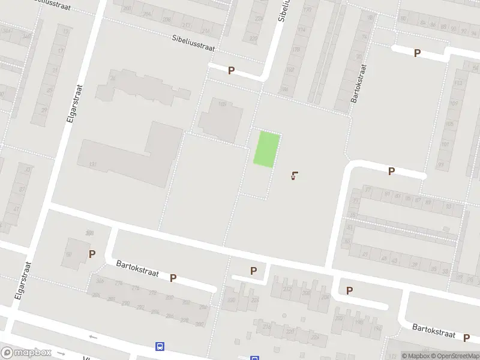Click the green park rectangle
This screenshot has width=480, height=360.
pyautogui.click(x=266, y=149)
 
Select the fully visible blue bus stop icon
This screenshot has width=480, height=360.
pyautogui.click(x=160, y=346)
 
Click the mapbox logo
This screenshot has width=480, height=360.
pyautogui.click(x=26, y=353)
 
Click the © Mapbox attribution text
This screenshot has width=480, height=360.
pyautogui.click(x=416, y=356)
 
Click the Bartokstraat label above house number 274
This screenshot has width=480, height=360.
pyautogui.click(x=137, y=268)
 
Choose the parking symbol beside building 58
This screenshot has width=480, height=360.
pyautogui.click(x=92, y=254)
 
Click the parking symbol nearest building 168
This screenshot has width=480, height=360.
pyautogui.click(x=231, y=71)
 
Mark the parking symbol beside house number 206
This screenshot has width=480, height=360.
pyautogui.click(x=349, y=290)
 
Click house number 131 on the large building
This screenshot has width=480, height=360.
pyautogui.click(x=92, y=164)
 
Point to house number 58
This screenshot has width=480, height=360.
pyautogui.click(x=69, y=254)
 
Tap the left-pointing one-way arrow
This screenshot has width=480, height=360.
pyautogui.click(x=93, y=337)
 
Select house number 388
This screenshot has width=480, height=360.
pyautogui.click(x=91, y=233)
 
